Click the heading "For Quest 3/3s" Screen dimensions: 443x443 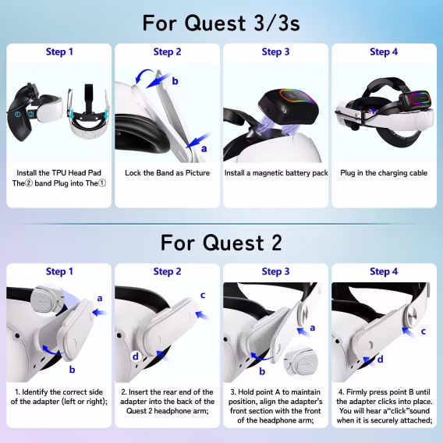coord(221,22)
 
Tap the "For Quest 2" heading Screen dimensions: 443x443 coord(221,242)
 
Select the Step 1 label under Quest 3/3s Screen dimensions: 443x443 coord(59,52)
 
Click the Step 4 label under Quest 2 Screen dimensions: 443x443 coord(383,271)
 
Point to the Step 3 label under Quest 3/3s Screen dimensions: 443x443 coord(275,52)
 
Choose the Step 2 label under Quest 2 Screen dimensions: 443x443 coord(167,271)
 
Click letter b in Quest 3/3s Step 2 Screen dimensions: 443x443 coord(175,81)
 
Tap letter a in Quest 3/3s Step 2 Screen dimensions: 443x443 coord(204,147)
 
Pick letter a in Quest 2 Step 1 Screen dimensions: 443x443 coord(100,298)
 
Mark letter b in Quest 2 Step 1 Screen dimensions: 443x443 coord(72,369)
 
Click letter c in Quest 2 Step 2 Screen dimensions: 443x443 coord(203,295)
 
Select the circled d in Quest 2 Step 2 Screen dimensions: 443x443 coord(136,356)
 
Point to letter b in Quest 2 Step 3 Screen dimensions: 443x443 coord(262,360)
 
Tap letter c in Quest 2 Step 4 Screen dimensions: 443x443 coord(424,331)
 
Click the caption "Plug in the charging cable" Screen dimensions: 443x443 coord(383,172)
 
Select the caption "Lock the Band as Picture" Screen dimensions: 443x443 coord(167,172)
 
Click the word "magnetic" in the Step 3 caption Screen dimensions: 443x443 coord(278,172)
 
